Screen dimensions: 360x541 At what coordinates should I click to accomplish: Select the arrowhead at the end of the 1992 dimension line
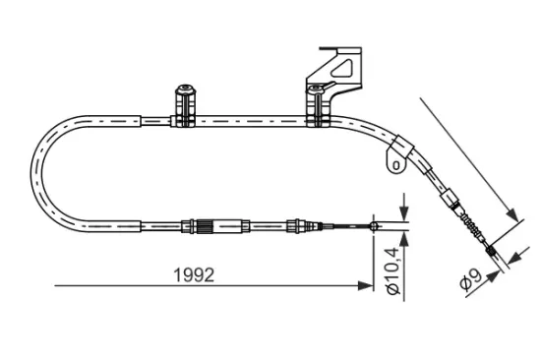(x=365, y=286)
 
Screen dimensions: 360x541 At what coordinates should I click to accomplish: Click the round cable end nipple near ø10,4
(x=374, y=228)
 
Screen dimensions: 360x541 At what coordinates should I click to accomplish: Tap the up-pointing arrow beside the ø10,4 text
(x=403, y=245)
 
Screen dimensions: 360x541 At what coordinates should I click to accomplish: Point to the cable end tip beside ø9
(x=504, y=259)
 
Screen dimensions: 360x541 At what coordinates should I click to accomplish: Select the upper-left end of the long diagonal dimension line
(x=420, y=98)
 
